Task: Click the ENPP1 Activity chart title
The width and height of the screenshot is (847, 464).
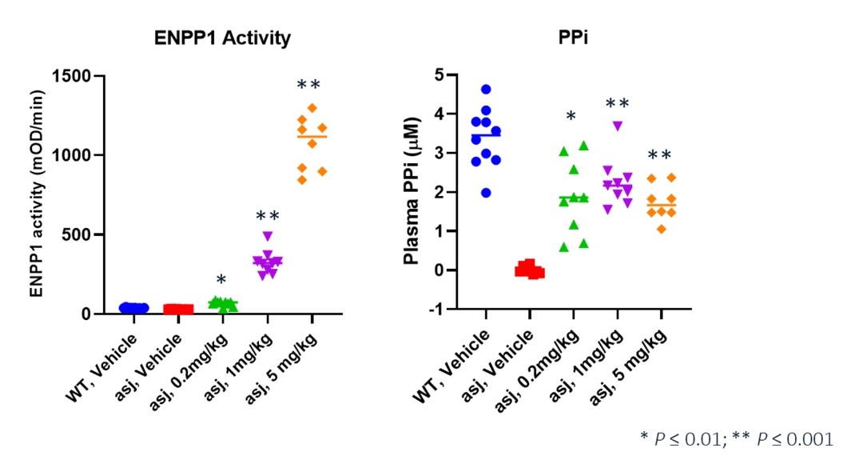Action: pyautogui.click(x=222, y=38)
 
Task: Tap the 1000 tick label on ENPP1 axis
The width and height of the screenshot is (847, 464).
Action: pyautogui.click(x=70, y=156)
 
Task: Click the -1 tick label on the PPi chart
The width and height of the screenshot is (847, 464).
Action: pyautogui.click(x=440, y=309)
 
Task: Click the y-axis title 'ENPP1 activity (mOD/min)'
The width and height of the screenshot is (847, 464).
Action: pyautogui.click(x=37, y=195)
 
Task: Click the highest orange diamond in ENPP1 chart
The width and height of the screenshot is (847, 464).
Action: pyautogui.click(x=312, y=108)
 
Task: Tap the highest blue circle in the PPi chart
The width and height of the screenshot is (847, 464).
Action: pyautogui.click(x=486, y=90)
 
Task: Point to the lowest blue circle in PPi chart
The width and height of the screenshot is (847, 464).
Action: pyautogui.click(x=486, y=192)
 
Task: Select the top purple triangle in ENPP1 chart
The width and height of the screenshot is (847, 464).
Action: pyautogui.click(x=268, y=235)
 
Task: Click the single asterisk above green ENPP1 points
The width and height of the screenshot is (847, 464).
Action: pyautogui.click(x=221, y=280)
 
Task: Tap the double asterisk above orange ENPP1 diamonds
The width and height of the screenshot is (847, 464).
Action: pyautogui.click(x=308, y=85)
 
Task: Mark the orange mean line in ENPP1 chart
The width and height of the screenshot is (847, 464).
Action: pyautogui.click(x=312, y=137)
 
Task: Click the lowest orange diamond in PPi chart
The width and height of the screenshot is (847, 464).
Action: pyautogui.click(x=661, y=229)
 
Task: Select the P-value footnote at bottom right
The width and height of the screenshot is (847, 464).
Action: pyautogui.click(x=735, y=438)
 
